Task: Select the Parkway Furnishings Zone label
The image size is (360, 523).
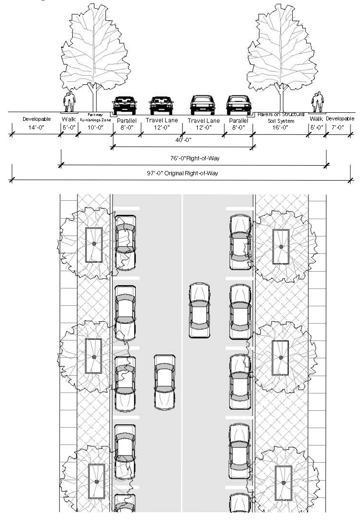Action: (x=95, y=117)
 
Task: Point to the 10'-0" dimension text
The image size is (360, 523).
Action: (x=95, y=128)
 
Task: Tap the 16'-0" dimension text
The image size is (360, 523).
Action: (x=280, y=128)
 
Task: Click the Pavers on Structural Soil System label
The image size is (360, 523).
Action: (x=281, y=117)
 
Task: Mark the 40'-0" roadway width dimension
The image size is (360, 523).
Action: (x=183, y=140)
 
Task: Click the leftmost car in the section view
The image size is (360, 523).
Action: (x=125, y=105)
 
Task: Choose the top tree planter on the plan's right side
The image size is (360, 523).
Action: (x=281, y=247)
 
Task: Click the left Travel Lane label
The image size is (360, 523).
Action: (x=162, y=120)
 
